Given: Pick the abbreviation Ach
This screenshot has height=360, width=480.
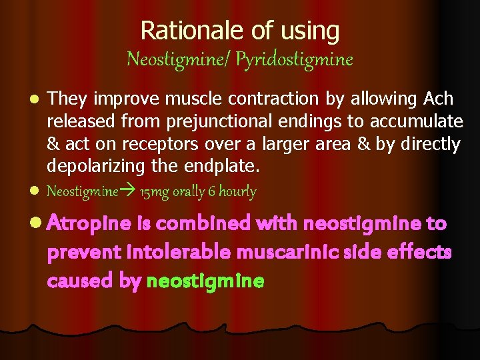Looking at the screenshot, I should point(439,99).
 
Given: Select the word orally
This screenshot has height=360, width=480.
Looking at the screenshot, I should point(189,193).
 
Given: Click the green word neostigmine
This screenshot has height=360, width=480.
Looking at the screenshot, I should point(205,281).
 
